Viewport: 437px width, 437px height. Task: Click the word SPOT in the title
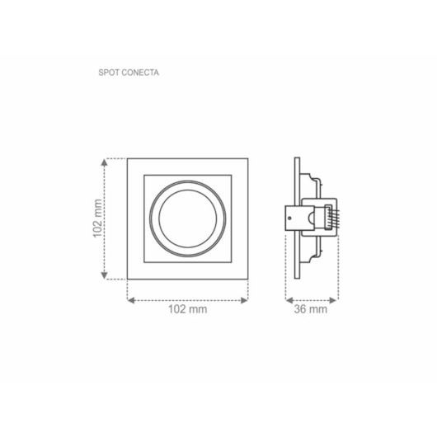tap(107, 72)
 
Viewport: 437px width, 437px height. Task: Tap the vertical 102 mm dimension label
tap(97, 218)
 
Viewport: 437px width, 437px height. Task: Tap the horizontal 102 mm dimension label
tap(187, 310)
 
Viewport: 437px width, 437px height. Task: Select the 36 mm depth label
tap(311, 310)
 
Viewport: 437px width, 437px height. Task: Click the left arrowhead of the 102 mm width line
tap(129, 299)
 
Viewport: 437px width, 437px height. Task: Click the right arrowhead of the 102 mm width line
tap(246, 299)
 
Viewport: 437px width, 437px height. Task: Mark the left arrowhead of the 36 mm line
tap(288, 299)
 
